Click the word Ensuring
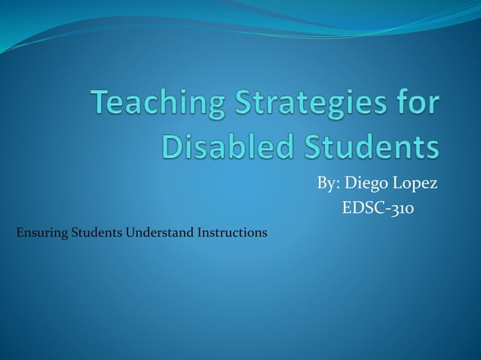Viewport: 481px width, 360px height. coord(41,232)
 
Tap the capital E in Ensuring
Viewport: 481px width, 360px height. coord(19,232)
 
